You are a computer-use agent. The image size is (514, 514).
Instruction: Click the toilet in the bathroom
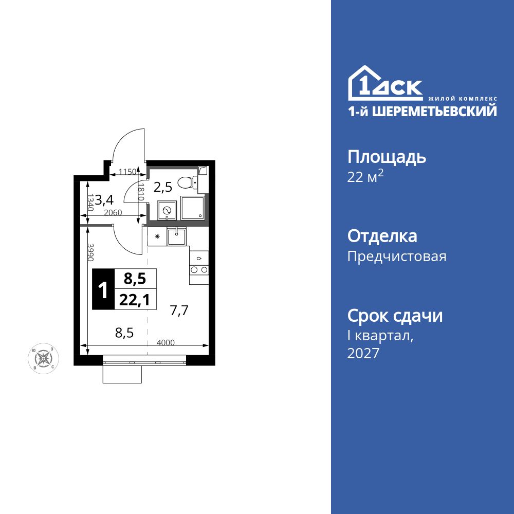(186, 182)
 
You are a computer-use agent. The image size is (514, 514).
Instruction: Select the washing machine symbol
(167, 210)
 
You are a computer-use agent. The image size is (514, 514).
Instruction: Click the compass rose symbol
(44, 358)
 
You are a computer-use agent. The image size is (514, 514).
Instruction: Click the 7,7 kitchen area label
(179, 310)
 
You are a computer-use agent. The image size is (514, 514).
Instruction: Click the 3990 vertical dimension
(90, 252)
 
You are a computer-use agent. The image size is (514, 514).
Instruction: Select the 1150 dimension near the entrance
(126, 172)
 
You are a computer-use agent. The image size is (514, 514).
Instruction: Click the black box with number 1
(103, 289)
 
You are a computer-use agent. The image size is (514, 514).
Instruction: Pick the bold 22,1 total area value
(135, 300)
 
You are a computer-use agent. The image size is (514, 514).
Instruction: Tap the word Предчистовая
(397, 256)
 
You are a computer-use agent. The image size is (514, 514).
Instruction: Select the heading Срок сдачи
(395, 316)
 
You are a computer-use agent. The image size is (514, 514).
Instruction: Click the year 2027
(363, 353)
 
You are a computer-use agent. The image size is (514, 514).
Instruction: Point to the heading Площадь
(387, 156)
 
